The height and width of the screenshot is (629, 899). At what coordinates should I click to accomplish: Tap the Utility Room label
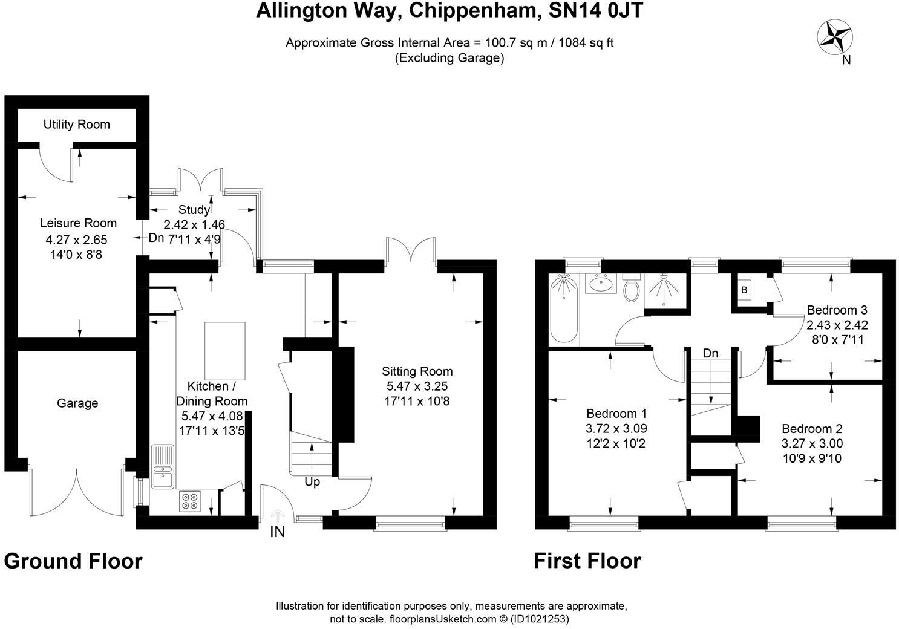tap(76, 125)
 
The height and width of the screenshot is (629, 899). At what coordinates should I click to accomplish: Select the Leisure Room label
tap(78, 223)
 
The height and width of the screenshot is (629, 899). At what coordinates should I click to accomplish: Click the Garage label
tap(77, 403)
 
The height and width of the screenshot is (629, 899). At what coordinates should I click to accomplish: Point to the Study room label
tap(194, 210)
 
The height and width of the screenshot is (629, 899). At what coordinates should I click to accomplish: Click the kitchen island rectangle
tap(225, 350)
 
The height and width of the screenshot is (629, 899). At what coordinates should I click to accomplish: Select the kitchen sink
tap(163, 466)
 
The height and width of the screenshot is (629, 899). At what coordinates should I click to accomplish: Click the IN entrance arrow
tap(278, 516)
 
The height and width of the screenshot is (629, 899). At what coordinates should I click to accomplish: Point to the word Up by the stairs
tap(312, 482)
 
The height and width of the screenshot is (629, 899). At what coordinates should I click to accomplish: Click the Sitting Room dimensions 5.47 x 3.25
tap(417, 386)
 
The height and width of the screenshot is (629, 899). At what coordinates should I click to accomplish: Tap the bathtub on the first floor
tap(564, 308)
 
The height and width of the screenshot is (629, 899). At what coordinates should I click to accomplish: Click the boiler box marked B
tap(744, 290)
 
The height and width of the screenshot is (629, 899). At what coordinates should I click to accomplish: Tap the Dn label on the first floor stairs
tap(710, 353)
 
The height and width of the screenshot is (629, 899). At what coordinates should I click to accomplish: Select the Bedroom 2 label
tap(812, 429)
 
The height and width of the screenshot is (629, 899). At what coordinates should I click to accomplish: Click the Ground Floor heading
tap(73, 561)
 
